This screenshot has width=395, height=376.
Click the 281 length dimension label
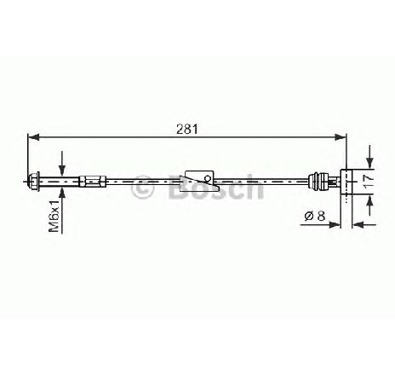point(186,130)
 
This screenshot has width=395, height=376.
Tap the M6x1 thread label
point(54,216)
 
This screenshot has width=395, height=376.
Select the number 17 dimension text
point(369,182)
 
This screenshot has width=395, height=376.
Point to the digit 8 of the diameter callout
point(321,216)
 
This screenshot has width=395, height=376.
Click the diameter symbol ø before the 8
point(309,217)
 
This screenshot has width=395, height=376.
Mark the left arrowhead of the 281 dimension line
point(33,137)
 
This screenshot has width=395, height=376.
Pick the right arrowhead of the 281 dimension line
point(341,137)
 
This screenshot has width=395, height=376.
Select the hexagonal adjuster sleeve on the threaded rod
point(93,182)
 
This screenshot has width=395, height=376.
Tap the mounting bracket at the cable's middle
point(200,181)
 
